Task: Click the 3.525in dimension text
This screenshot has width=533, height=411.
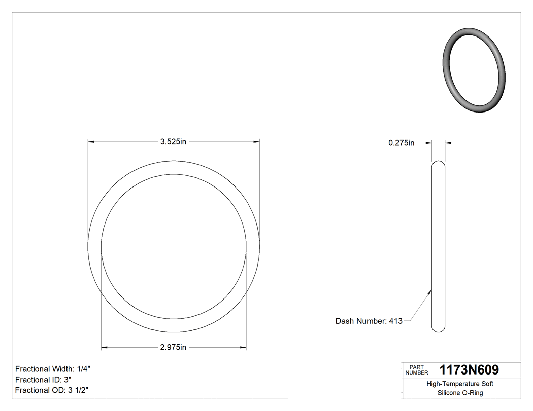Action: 174,142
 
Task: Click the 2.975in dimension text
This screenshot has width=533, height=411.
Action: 174,348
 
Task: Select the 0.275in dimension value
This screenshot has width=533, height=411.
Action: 402,143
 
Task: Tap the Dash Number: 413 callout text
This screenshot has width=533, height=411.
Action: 369,321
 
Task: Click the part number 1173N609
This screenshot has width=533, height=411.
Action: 469,370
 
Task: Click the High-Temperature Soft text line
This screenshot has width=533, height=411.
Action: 460,384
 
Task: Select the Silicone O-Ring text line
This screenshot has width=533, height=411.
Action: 460,393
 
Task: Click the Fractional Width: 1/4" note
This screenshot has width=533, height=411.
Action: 53,369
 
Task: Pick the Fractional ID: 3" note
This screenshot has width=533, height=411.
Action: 44,380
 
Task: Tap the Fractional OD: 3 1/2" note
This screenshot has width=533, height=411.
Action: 53,390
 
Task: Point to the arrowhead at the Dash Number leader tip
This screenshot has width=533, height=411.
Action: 430,291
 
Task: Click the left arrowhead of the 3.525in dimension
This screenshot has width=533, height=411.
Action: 91,142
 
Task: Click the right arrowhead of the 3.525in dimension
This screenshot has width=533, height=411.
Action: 257,142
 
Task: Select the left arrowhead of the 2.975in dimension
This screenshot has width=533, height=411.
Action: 105,348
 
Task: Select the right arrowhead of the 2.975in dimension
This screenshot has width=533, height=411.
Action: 243,348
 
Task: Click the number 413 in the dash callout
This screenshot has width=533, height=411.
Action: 395,321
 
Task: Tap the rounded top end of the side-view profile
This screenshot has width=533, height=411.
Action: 438,163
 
